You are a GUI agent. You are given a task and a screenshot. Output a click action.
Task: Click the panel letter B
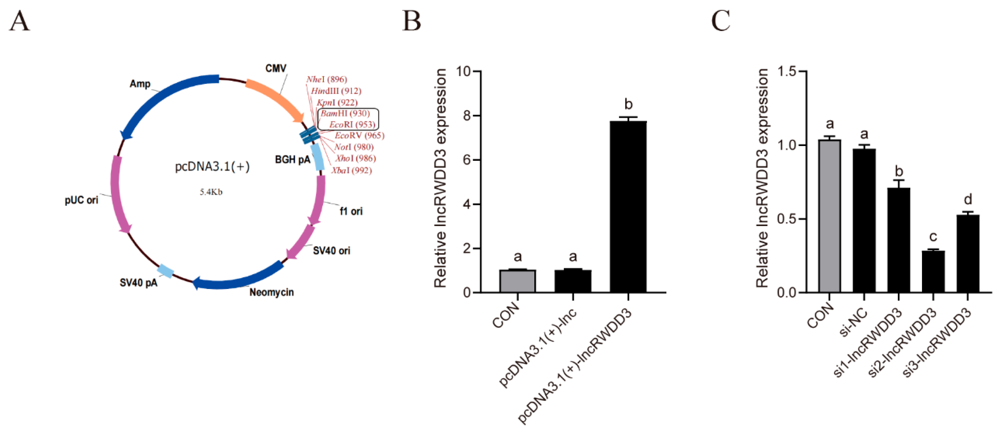tap(412, 21)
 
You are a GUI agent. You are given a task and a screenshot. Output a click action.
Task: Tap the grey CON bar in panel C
tap(829, 216)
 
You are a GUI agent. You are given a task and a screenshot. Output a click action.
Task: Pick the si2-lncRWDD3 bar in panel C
tap(933, 271)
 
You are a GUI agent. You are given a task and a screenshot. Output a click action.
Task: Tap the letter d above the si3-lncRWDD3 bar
tap(968, 200)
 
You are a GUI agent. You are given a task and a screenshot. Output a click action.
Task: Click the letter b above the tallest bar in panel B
tap(628, 104)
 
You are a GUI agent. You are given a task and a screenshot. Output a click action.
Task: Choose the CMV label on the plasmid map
tap(276, 68)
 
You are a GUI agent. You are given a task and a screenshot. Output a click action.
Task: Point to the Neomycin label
tap(271, 292)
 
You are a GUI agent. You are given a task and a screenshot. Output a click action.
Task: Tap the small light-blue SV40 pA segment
tap(165, 271)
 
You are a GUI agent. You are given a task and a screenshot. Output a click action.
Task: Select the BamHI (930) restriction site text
tap(345, 114)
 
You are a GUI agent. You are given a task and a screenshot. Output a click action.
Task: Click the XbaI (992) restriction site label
tap(351, 170)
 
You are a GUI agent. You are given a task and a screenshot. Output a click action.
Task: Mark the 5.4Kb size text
tap(211, 192)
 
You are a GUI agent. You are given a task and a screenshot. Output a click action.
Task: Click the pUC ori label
tap(81, 200)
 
